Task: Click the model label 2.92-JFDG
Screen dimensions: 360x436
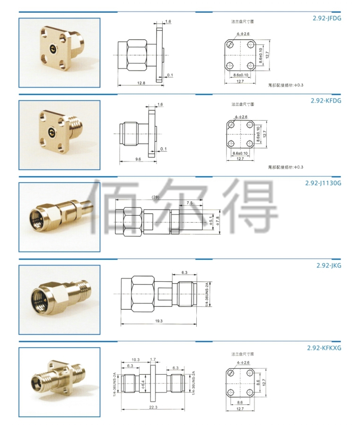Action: [x=326, y=18]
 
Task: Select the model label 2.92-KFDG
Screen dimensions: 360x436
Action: [x=326, y=101]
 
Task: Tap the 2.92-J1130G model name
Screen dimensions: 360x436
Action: [x=323, y=183]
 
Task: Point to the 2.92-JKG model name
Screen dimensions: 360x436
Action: [x=329, y=265]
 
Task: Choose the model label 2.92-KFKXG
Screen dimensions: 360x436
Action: [x=324, y=348]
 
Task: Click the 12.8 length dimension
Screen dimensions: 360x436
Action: [x=141, y=83]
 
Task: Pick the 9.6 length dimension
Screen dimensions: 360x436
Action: [x=138, y=159]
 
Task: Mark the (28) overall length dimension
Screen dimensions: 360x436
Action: [x=156, y=197]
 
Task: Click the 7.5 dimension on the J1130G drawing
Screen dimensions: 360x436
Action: [x=189, y=203]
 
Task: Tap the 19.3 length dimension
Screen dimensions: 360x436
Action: [x=158, y=321]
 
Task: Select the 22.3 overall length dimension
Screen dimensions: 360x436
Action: [x=153, y=407]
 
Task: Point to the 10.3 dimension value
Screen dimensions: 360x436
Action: [x=135, y=360]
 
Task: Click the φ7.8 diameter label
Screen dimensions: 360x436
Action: [x=218, y=221]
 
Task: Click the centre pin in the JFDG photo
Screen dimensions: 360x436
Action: [x=52, y=49]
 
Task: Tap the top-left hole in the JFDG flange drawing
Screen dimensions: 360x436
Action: [x=230, y=44]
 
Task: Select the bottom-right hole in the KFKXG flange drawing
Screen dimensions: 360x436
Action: [x=250, y=392]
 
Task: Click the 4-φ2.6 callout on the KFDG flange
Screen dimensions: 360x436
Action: [x=241, y=117]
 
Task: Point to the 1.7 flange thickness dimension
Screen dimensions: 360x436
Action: [x=153, y=359]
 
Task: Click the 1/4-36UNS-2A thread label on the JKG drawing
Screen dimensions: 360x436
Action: [x=206, y=294]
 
